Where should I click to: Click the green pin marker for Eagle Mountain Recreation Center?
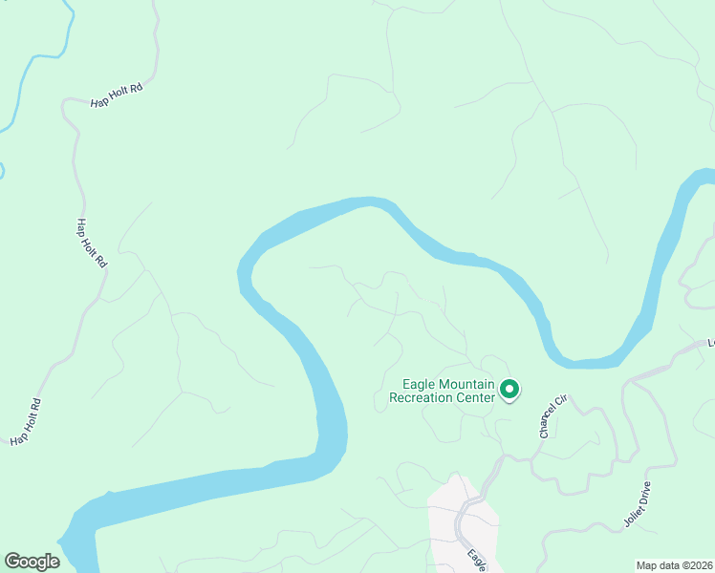tap(509, 389)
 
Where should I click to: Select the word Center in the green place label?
tap(474, 397)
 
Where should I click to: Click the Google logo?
tap(32, 562)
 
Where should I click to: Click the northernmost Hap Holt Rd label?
tap(116, 94)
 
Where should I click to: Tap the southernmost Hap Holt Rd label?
tap(27, 421)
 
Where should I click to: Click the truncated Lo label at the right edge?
tap(710, 341)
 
